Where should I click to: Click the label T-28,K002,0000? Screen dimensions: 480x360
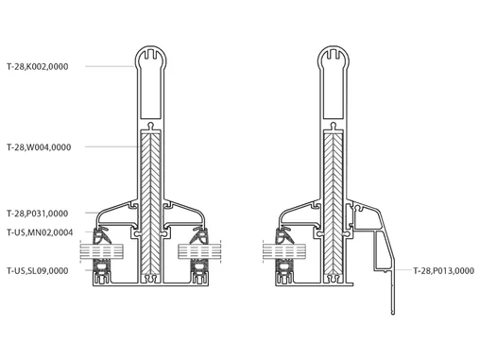pyautogui.click(x=38, y=66)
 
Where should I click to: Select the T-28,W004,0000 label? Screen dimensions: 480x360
pyautogui.click(x=39, y=147)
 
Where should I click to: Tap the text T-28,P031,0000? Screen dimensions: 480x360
pyautogui.click(x=38, y=214)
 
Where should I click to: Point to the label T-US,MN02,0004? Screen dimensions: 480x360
pyautogui.click(x=40, y=232)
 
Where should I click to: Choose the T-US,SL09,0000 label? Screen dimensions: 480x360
pyautogui.click(x=38, y=270)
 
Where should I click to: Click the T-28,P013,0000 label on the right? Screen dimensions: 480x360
pyautogui.click(x=443, y=270)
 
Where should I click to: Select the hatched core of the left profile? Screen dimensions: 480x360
pyautogui.click(x=150, y=203)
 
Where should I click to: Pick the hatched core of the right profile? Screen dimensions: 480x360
pyautogui.click(x=334, y=203)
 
